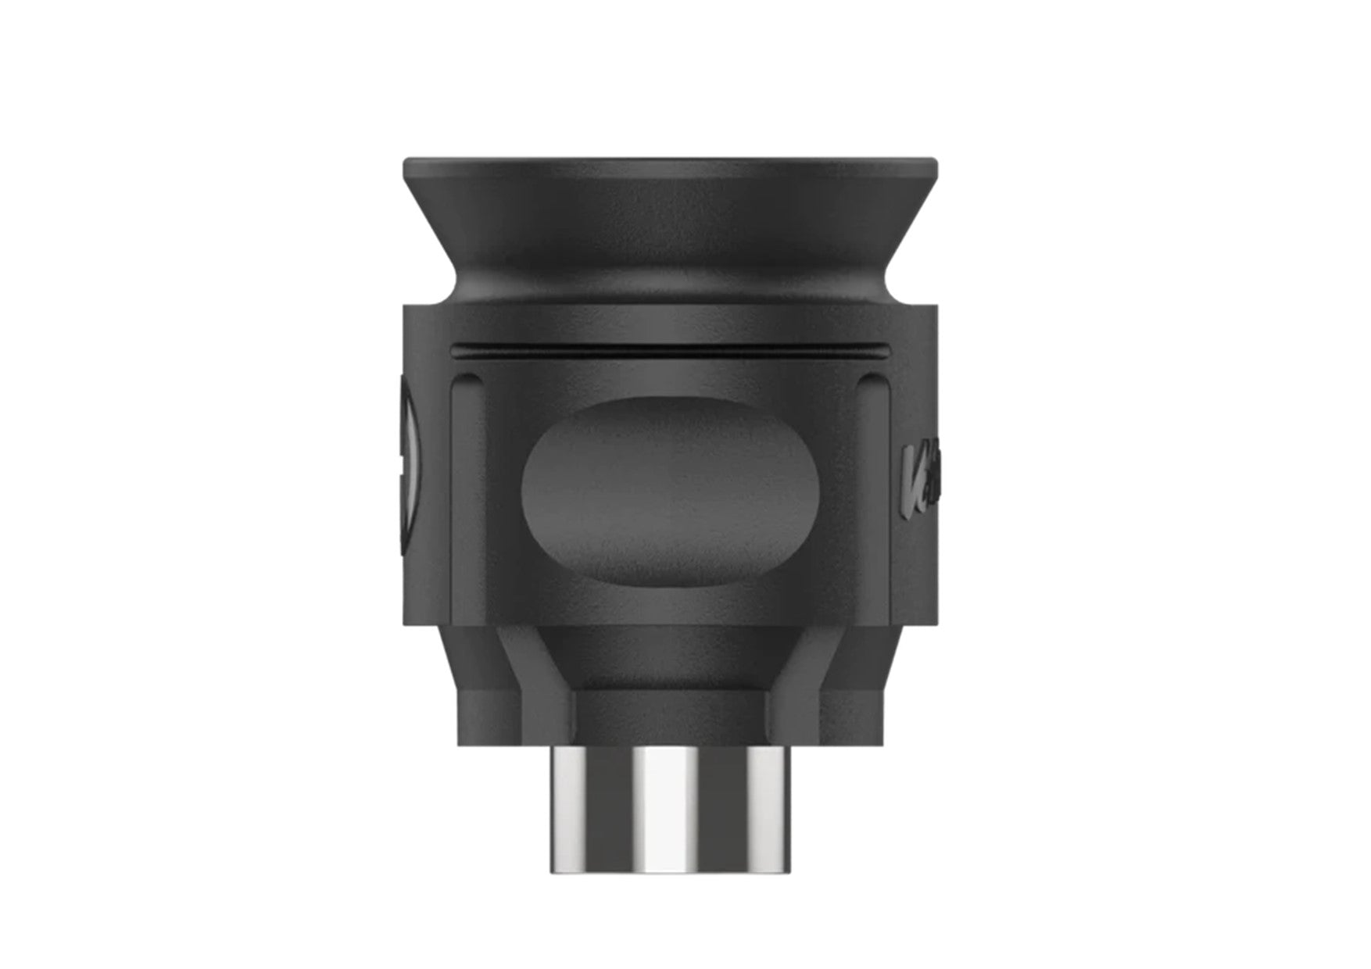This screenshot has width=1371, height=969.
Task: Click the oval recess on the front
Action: (671, 490)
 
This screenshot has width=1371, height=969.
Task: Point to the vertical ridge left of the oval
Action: (462, 484)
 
